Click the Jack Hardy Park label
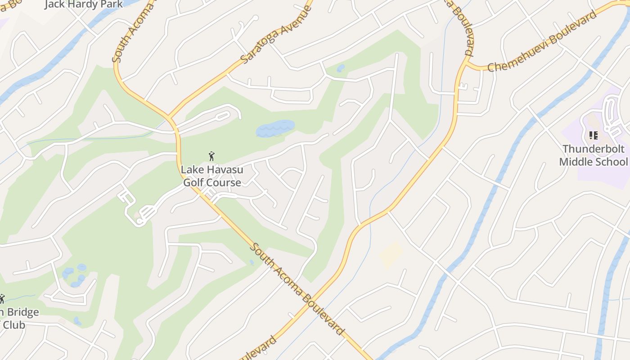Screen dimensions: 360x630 [83, 4]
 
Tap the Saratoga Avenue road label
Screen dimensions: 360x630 [276, 35]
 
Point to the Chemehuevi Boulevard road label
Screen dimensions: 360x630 [542, 41]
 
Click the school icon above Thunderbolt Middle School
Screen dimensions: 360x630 [593, 135]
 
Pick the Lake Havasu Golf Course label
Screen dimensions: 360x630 [211, 176]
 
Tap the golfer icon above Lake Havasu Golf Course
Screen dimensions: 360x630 [211, 156]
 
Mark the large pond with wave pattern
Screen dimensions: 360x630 [275, 128]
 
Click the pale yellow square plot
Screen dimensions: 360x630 [391, 255]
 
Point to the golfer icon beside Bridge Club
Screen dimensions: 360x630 [2, 298]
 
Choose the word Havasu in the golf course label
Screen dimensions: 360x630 [225, 170]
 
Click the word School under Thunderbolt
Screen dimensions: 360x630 [612, 162]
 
